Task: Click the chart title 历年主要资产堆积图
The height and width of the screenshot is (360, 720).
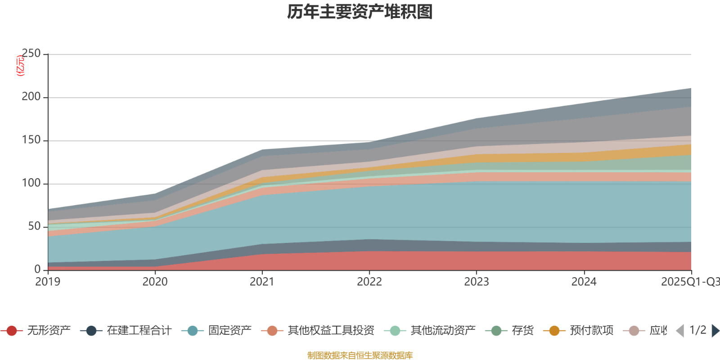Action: (360, 12)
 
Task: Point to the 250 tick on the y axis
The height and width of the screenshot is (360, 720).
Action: (31, 54)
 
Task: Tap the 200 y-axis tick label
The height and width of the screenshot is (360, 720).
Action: (31, 97)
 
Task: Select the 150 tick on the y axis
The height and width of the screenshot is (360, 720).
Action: (31, 140)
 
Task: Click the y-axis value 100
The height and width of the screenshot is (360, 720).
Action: (31, 184)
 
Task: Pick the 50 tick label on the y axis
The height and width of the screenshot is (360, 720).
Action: (34, 227)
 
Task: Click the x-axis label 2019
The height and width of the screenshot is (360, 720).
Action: (48, 282)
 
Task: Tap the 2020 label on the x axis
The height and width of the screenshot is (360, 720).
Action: (155, 282)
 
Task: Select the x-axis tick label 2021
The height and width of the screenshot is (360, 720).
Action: (262, 282)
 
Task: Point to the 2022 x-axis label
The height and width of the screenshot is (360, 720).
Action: (369, 282)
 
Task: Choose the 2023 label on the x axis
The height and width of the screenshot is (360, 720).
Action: (477, 282)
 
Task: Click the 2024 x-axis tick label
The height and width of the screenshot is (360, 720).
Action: (584, 282)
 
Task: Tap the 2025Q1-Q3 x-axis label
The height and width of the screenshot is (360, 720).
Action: (689, 282)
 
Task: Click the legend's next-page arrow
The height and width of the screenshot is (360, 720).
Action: (715, 331)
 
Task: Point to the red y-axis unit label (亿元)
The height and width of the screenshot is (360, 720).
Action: (20, 66)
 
